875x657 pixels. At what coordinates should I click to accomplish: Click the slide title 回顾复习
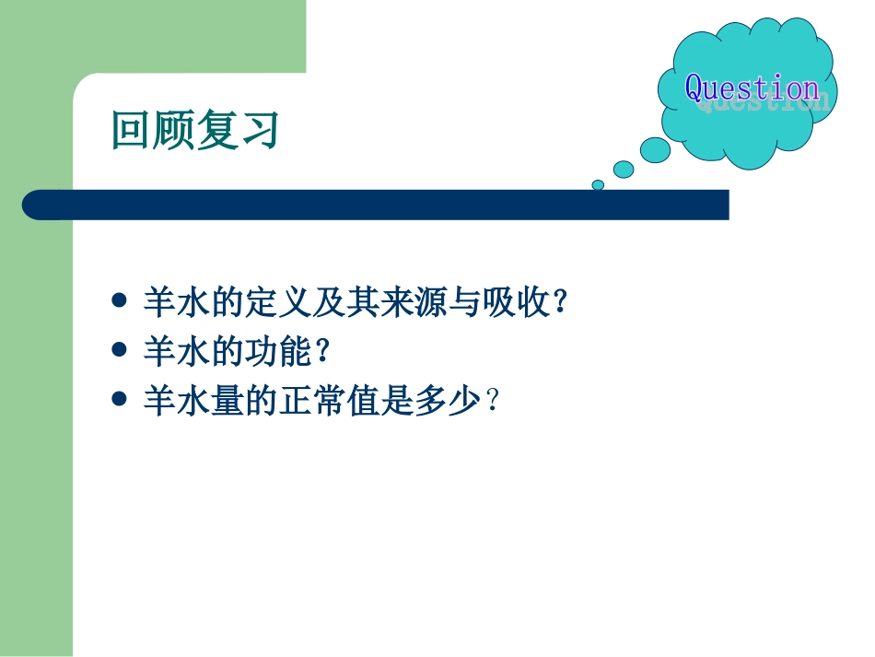pyautogui.click(x=194, y=131)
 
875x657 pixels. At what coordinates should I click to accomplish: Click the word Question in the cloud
pyautogui.click(x=752, y=88)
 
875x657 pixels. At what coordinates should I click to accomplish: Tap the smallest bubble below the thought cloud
pyautogui.click(x=598, y=184)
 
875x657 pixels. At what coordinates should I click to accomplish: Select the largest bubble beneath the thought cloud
pyautogui.click(x=655, y=150)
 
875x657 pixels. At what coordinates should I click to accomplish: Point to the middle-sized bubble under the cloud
pyautogui.click(x=624, y=170)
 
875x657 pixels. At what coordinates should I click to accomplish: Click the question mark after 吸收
pyautogui.click(x=557, y=303)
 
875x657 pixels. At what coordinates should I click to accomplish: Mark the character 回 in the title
pyautogui.click(x=130, y=131)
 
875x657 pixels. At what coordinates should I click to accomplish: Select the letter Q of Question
pyautogui.click(x=695, y=88)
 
